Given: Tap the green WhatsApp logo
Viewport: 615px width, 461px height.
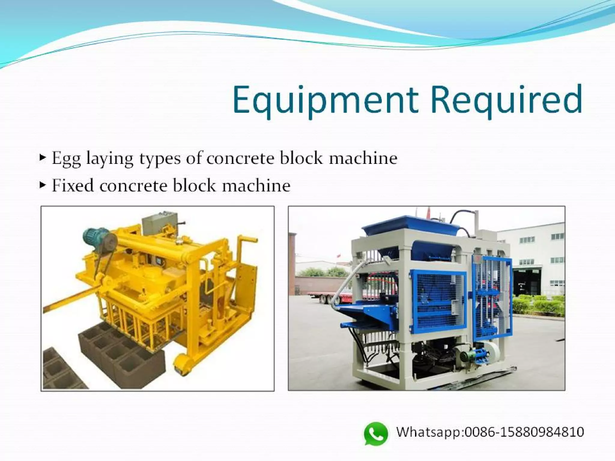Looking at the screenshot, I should [376, 433].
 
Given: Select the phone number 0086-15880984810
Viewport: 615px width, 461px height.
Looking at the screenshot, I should [524, 432].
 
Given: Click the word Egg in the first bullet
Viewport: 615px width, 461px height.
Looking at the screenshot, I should [66, 158].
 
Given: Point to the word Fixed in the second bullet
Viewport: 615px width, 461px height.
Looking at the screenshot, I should [72, 185].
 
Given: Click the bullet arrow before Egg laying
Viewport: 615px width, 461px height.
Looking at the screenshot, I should [43, 157].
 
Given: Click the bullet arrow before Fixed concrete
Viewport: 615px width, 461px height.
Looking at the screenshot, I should [43, 185].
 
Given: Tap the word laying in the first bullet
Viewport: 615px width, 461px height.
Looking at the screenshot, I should [110, 158].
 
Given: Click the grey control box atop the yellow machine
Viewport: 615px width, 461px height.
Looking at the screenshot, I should [159, 224].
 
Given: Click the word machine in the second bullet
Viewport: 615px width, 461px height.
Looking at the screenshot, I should [256, 185].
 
